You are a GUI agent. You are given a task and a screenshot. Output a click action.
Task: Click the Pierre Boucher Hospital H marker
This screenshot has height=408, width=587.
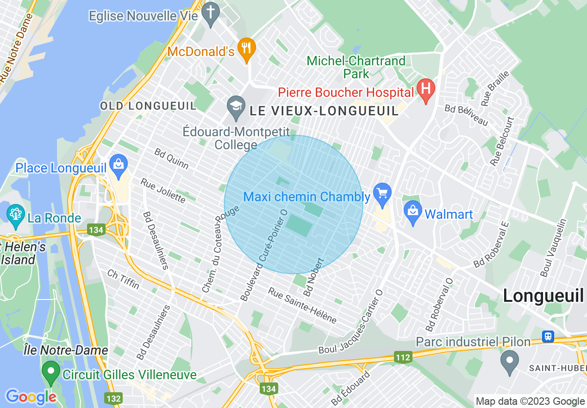[426, 88]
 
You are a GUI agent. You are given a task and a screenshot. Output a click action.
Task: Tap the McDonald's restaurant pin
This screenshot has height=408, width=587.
[247, 48]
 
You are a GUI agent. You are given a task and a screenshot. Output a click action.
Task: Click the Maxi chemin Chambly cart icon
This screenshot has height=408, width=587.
[382, 192]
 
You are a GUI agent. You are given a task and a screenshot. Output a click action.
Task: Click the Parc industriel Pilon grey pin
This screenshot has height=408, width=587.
[510, 360]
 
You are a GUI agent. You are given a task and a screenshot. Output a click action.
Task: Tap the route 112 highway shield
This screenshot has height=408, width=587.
[403, 357]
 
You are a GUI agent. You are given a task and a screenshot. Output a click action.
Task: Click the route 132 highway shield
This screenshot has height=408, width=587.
[113, 399]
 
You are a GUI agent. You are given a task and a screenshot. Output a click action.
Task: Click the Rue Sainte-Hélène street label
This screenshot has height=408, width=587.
[302, 306]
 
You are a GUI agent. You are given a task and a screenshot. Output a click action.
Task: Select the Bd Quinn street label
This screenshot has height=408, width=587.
[171, 159]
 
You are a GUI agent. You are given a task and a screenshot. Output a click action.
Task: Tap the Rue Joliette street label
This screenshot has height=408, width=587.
[163, 191]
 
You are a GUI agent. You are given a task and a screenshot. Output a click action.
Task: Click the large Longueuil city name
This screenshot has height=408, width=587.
[543, 295]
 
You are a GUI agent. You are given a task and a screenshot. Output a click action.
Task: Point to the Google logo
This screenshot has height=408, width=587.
[31, 396]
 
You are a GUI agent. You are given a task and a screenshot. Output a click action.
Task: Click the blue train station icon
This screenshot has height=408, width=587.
[548, 336]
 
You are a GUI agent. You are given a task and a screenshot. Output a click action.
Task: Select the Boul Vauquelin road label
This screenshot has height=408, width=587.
[553, 248]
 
